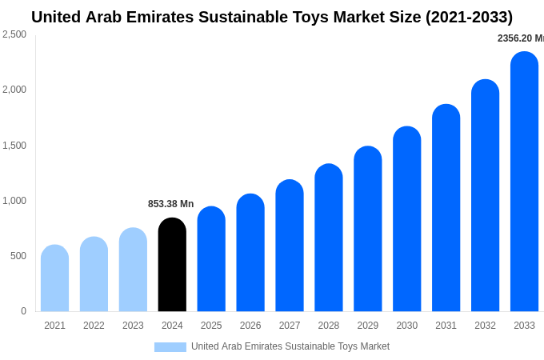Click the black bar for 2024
(172, 265)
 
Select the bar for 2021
(54, 278)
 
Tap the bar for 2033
(524, 182)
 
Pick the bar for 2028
(329, 238)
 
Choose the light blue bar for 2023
(133, 270)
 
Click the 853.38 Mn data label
(170, 204)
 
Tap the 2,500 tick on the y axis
(14, 34)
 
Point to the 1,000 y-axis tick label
(14, 201)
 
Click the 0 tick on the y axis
(23, 311)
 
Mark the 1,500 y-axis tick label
(14, 146)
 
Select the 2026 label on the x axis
(250, 326)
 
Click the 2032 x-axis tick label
(485, 326)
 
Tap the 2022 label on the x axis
(94, 326)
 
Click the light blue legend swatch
(170, 347)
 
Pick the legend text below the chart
(290, 346)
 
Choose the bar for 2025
(211, 259)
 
